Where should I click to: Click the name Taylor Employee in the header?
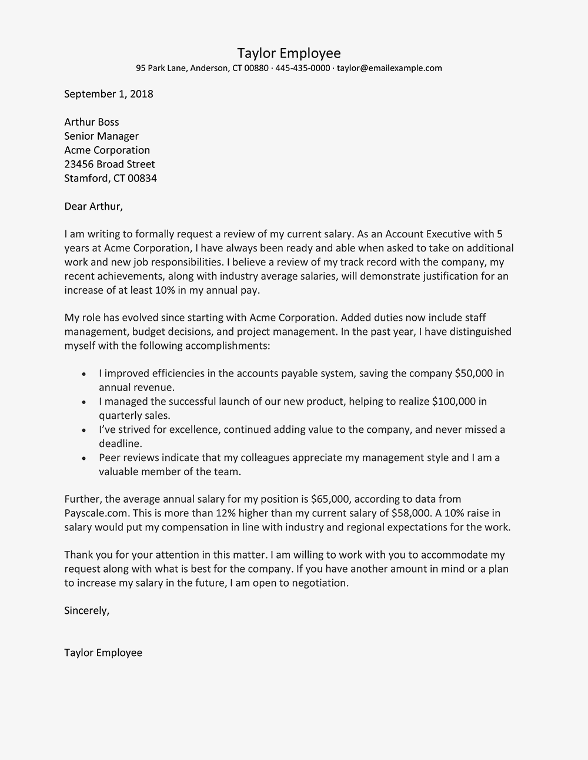coord(289,53)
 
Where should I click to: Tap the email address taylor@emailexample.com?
coord(389,68)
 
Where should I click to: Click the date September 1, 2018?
coord(109,94)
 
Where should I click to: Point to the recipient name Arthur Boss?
coord(92,122)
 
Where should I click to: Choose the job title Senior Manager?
coord(102,136)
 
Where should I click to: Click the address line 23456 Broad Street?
coord(109,164)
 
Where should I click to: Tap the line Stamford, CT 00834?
coord(111,179)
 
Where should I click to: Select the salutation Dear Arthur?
coord(93,207)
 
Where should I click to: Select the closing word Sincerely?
coord(87,611)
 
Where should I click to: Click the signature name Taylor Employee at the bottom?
coord(103,653)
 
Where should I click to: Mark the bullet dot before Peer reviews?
coord(85,458)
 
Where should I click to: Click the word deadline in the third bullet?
coord(121,444)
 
